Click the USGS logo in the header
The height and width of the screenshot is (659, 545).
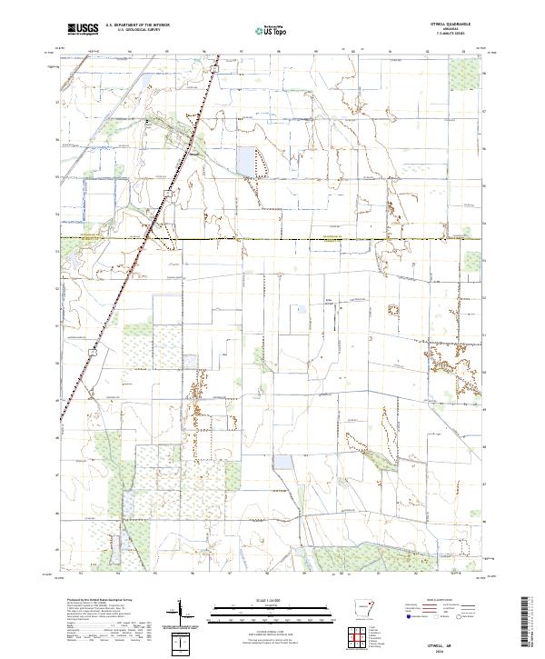click(81, 29)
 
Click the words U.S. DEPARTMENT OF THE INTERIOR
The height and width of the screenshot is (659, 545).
click(138, 25)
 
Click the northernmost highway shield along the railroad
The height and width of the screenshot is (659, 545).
click(215, 68)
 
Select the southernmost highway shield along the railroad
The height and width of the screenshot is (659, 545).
click(93, 348)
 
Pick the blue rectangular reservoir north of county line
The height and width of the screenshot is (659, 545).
click(246, 161)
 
